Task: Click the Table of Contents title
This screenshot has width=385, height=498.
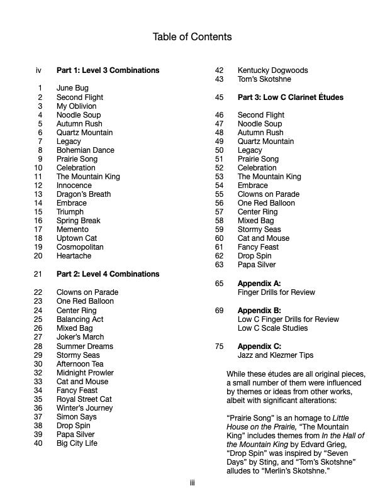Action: coord(192,37)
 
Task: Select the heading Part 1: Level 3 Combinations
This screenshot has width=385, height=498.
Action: coord(108,70)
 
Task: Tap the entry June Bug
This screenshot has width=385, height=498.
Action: coord(72,89)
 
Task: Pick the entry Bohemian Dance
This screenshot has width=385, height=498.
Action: coord(85,150)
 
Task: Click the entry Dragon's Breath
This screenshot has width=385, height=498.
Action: coord(83,194)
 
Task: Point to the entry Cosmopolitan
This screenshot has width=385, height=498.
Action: coord(80,247)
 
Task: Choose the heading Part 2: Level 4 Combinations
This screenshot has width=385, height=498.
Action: coord(108,274)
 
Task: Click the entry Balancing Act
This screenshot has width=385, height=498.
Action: coord(80,319)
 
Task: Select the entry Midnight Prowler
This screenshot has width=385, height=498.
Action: coord(85,373)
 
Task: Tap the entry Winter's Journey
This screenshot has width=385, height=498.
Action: coord(84,408)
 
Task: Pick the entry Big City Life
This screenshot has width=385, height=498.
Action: coord(77,443)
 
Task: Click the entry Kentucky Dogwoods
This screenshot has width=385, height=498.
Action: coord(272,70)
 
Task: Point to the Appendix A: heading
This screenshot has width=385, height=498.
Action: coord(259,284)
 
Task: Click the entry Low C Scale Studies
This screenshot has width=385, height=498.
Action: coord(272,328)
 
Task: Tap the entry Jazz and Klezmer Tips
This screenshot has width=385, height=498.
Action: coord(275,355)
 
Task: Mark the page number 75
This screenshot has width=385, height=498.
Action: coord(220,346)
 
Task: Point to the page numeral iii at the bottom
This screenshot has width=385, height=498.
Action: coord(192,483)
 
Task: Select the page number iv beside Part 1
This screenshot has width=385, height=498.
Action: coord(39,70)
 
